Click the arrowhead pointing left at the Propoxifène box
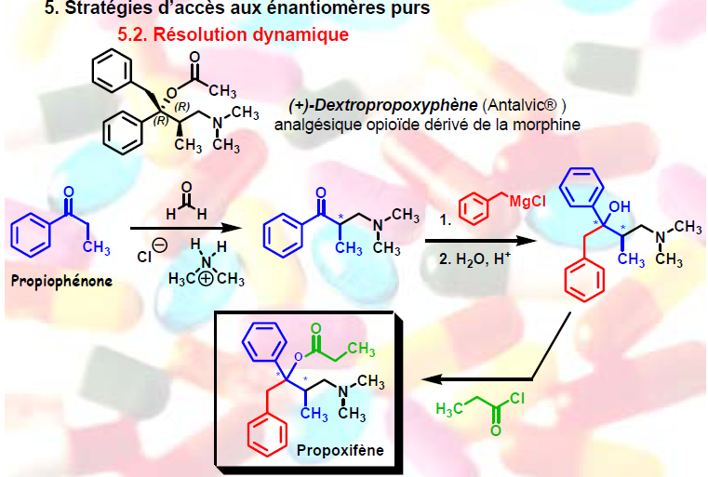(x=431, y=379)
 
